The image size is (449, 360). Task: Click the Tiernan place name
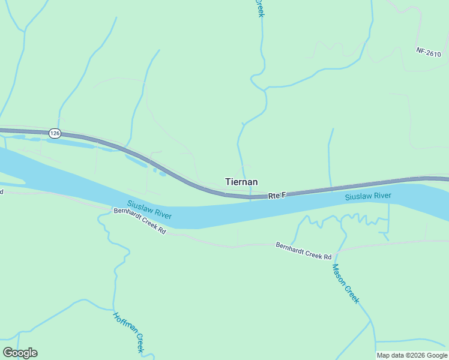coord(241,182)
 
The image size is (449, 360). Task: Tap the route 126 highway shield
coord(55,133)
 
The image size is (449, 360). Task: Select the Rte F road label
coord(277,195)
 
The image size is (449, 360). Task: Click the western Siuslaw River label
coord(149,210)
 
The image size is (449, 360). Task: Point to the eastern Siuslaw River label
coord(368,197)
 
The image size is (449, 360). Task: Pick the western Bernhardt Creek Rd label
coord(139,221)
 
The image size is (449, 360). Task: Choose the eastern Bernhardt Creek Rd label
coord(304,251)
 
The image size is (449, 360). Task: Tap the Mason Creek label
coord(345,284)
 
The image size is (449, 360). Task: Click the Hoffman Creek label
coord(129,332)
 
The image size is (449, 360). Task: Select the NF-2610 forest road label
coord(428,53)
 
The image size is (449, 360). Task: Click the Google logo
coord(20,353)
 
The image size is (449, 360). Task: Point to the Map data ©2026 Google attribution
coord(412,355)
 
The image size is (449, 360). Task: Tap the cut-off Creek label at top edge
coord(259,8)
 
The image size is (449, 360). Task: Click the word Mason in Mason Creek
coord(339,274)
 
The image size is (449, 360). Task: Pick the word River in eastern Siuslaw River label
coord(382,196)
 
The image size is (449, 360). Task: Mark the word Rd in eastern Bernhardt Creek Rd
coord(327,256)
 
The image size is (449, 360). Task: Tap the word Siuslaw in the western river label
coord(139,206)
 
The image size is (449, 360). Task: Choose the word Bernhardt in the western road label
coord(127,216)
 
